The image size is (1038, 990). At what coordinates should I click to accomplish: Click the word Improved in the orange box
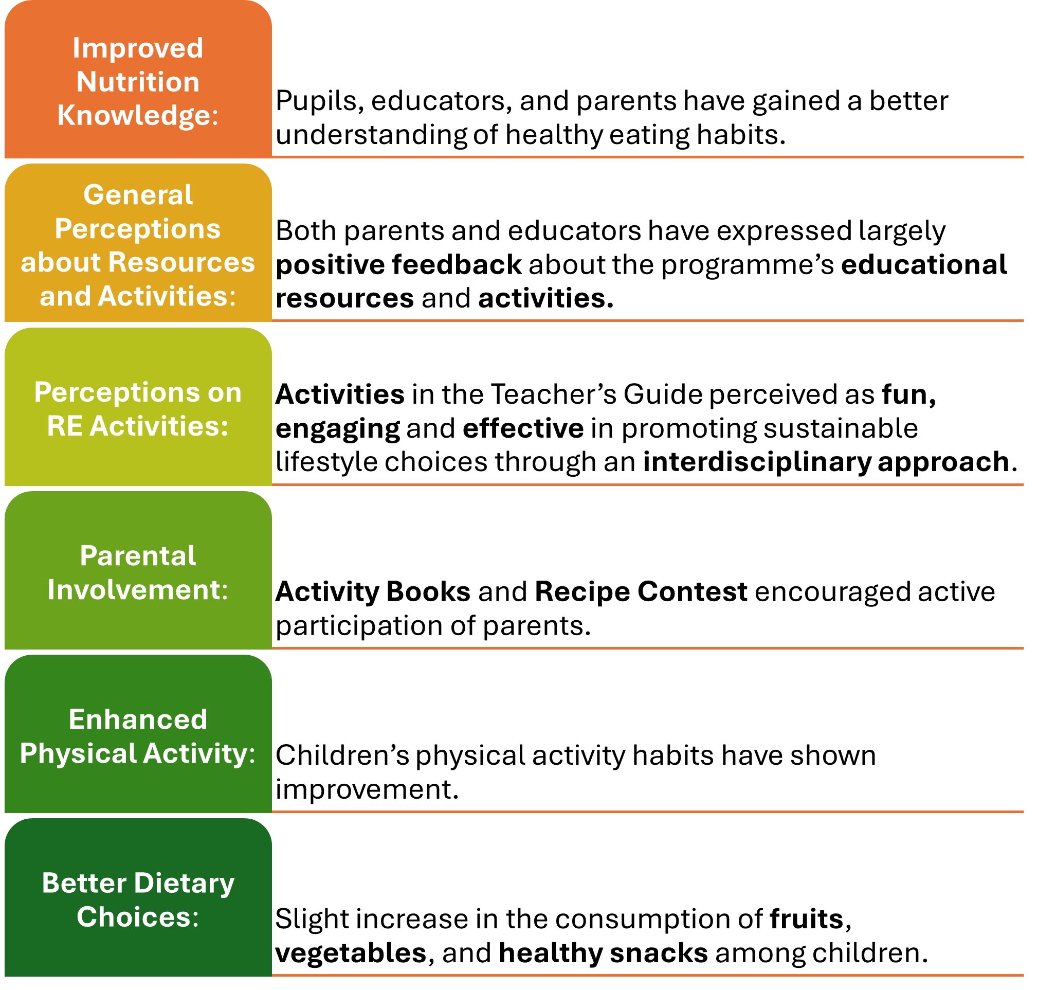click(x=138, y=48)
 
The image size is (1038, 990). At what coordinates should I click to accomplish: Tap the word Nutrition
click(x=138, y=82)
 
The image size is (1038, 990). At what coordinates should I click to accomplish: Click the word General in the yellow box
click(x=138, y=195)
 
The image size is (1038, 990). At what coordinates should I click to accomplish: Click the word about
click(x=60, y=262)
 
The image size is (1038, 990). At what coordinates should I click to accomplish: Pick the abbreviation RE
click(x=64, y=426)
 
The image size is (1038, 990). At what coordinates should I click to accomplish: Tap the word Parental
click(x=138, y=556)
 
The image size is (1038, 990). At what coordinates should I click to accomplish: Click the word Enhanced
click(x=138, y=720)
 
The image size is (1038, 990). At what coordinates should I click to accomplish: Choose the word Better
click(x=84, y=884)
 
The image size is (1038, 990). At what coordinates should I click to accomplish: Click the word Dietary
click(x=184, y=884)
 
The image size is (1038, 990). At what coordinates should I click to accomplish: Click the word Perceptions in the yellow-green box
click(x=116, y=392)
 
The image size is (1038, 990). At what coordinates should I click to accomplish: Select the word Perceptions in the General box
click(x=138, y=229)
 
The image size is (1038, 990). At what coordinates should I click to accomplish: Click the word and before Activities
click(x=65, y=296)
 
